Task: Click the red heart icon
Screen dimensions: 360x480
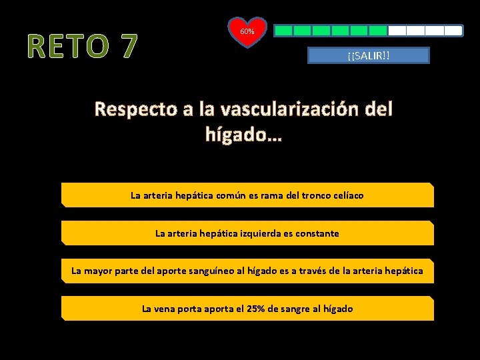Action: [x=247, y=33]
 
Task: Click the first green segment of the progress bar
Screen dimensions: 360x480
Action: [x=284, y=31]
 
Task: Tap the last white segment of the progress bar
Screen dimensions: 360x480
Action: [x=453, y=31]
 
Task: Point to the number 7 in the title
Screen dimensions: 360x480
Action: [x=127, y=46]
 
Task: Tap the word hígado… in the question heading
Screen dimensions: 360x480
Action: [x=244, y=135]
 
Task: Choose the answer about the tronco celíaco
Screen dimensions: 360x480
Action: [x=247, y=195]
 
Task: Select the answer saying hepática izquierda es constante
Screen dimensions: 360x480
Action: [x=247, y=233]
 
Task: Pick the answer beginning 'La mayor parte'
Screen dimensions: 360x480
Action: [x=247, y=271]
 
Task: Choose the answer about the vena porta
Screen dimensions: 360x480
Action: [x=247, y=309]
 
